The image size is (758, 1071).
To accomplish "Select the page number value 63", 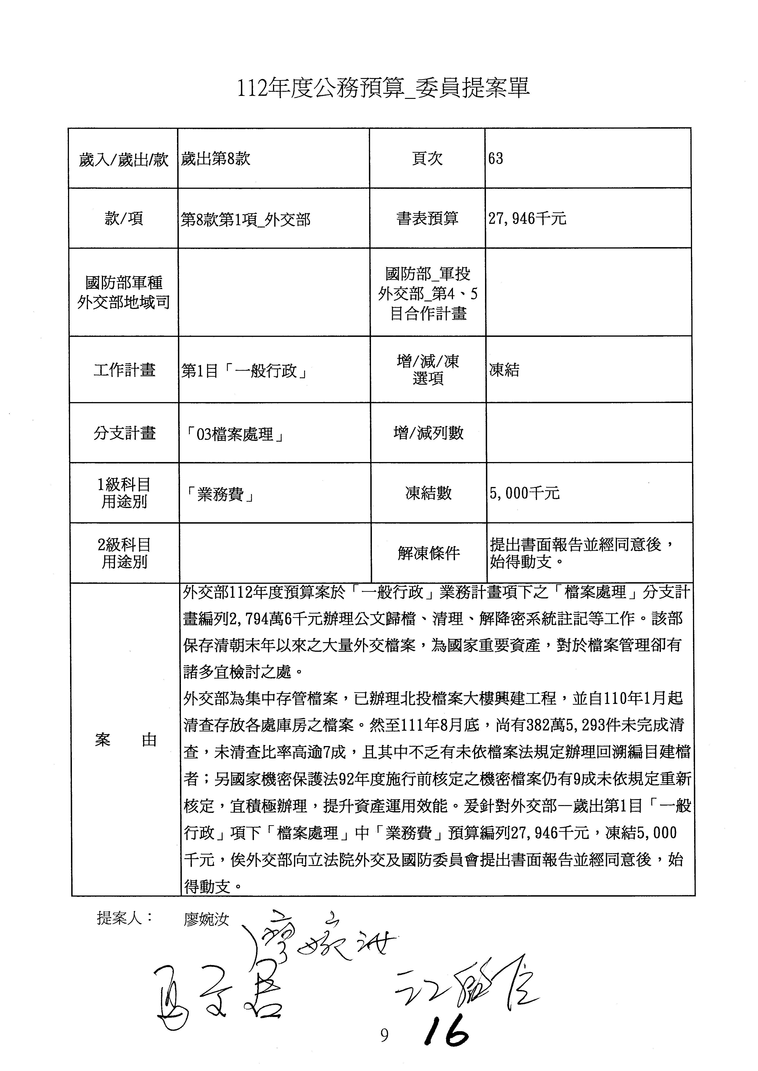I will [496, 159].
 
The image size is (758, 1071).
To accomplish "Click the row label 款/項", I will [124, 218].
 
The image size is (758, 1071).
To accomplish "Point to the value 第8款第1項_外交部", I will [245, 219].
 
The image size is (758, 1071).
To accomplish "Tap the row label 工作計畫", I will [124, 370].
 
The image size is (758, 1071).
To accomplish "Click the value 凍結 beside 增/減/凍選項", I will [504, 370].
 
